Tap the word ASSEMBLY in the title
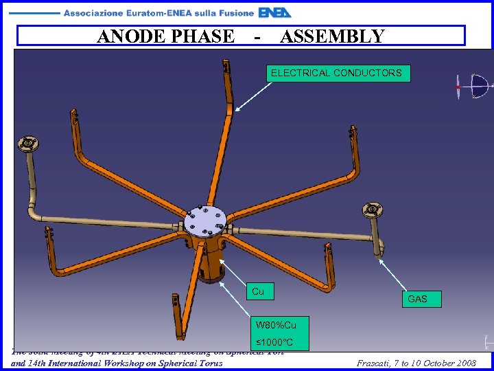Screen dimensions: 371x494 tap(332, 36)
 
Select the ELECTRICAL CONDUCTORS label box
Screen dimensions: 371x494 tap(337, 73)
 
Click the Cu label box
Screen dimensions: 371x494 tap(259, 291)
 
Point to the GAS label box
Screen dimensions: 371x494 tap(417, 299)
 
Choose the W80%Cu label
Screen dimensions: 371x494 tap(281, 324)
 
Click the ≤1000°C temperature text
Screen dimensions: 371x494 tap(274, 342)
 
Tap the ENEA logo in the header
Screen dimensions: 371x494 tap(275, 12)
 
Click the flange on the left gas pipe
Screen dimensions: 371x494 tap(27, 144)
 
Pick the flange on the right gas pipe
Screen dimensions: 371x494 tap(373, 208)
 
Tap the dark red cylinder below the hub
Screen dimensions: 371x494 tap(213, 271)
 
